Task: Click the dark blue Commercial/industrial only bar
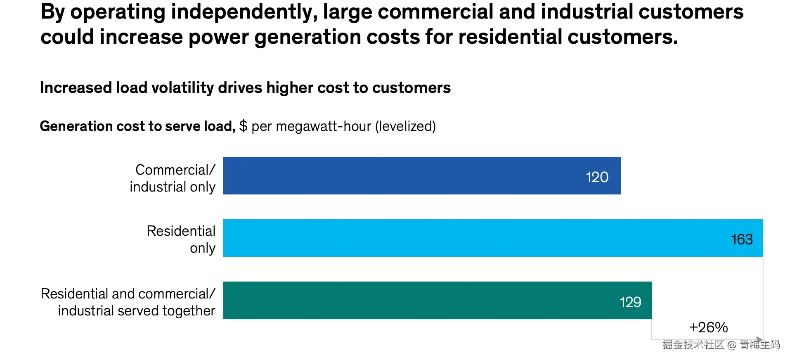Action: pyautogui.click(x=413, y=175)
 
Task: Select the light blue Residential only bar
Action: pyautogui.click(x=475, y=238)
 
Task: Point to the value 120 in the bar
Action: pyautogui.click(x=597, y=177)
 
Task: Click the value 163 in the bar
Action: pyautogui.click(x=742, y=239)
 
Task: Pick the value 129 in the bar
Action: pyautogui.click(x=630, y=302)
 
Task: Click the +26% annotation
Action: pyautogui.click(x=708, y=327)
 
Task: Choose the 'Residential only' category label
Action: pyautogui.click(x=182, y=239)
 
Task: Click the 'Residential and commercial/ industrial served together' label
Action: pyautogui.click(x=128, y=302)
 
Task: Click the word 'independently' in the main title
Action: pyautogui.click(x=244, y=12)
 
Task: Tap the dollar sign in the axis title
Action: pyautogui.click(x=243, y=126)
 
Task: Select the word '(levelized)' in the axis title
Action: pyautogui.click(x=405, y=126)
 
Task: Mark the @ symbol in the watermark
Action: pyautogui.click(x=732, y=345)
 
